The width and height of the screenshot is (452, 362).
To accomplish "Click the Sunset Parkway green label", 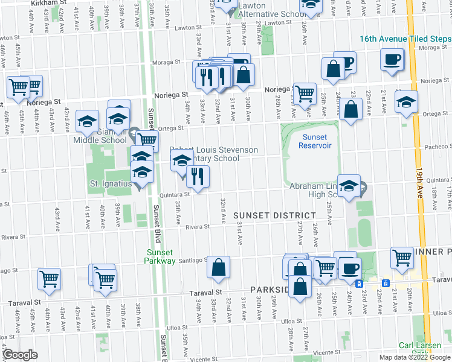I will tap(160, 257).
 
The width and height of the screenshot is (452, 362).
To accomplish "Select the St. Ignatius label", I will tap(111, 183).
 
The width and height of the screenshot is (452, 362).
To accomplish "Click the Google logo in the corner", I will tap(21, 355).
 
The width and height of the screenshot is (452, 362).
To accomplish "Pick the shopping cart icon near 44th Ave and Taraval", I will tap(50, 278).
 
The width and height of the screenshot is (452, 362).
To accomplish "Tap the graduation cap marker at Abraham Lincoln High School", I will tap(349, 186).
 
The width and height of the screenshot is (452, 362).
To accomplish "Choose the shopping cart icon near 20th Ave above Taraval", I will tap(402, 258).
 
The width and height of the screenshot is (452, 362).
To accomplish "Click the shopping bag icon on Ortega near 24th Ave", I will tap(350, 110).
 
